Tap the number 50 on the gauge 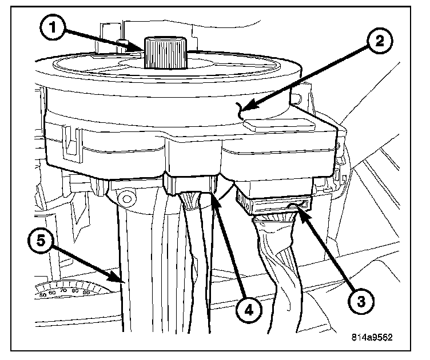pos(43,295)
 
